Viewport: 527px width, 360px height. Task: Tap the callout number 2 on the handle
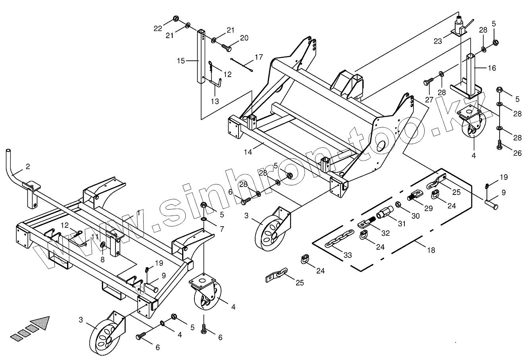[28, 167]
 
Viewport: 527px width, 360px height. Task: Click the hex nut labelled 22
[175, 19]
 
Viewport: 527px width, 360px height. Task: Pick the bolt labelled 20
[226, 47]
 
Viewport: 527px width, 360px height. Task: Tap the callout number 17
[259, 57]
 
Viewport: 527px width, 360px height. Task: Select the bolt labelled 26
[499, 145]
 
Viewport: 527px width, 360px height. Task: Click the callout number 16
[492, 68]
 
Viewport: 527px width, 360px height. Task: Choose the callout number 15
[181, 61]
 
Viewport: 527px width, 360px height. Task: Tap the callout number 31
[402, 224]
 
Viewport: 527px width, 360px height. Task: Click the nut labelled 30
[398, 205]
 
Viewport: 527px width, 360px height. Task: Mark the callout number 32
[386, 233]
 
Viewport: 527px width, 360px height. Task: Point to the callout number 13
[214, 102]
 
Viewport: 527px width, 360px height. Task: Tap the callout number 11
[94, 237]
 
